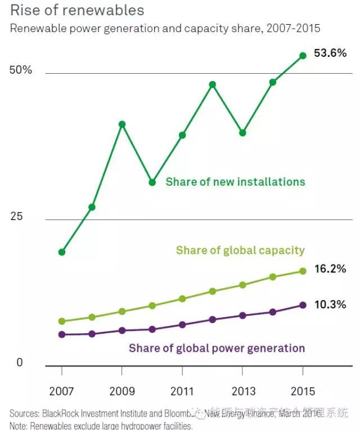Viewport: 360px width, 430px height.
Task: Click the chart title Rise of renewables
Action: (77, 10)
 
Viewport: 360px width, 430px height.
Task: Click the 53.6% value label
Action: (330, 55)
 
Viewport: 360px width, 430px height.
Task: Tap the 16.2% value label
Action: (330, 269)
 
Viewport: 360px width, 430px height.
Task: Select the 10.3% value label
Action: (330, 304)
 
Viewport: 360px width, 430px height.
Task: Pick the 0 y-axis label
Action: (20, 363)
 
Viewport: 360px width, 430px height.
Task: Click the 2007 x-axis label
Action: (61, 391)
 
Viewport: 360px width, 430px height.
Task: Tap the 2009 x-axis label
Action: (121, 391)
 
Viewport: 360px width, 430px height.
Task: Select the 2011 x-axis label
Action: (182, 391)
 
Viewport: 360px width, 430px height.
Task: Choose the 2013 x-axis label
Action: (242, 391)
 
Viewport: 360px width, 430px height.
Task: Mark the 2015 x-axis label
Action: (303, 391)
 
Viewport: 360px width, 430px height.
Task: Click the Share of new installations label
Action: (235, 182)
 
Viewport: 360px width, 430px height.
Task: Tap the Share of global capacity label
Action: (240, 250)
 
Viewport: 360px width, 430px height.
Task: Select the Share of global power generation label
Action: (217, 348)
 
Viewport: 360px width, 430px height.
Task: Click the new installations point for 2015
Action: (303, 56)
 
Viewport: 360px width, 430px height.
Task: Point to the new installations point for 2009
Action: (121, 124)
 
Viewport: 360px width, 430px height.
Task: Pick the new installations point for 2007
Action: (61, 252)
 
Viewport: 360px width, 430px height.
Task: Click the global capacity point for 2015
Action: (303, 271)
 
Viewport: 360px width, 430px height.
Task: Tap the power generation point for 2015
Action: (303, 305)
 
